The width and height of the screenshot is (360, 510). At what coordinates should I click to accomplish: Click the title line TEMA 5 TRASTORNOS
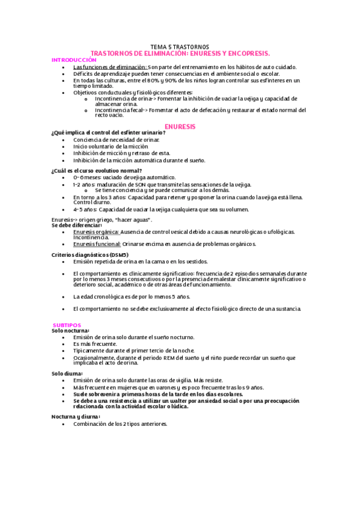pyautogui.click(x=180, y=47)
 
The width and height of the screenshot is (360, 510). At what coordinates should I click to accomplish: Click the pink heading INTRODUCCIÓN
pyautogui.click(x=74, y=60)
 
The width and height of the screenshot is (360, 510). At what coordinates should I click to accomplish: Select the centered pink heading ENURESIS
pyautogui.click(x=180, y=127)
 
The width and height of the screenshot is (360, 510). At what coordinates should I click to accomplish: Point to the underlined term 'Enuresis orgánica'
pyautogui.click(x=96, y=232)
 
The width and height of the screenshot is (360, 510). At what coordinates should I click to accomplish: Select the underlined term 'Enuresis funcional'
pyautogui.click(x=97, y=244)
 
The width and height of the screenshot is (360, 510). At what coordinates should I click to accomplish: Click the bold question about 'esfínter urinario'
pyautogui.click(x=108, y=132)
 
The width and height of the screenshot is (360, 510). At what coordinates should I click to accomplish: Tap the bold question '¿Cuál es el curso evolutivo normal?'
pyautogui.click(x=97, y=170)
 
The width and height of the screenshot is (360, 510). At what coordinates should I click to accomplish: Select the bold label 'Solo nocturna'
pyautogui.click(x=70, y=331)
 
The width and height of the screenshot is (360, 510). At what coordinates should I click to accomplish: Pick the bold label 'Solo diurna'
pyautogui.click(x=67, y=373)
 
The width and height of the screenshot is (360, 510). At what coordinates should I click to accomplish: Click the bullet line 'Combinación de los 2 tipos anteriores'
pyautogui.click(x=120, y=423)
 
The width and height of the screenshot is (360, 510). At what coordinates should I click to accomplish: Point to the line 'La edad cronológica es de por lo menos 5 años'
pyautogui.click(x=132, y=296)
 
